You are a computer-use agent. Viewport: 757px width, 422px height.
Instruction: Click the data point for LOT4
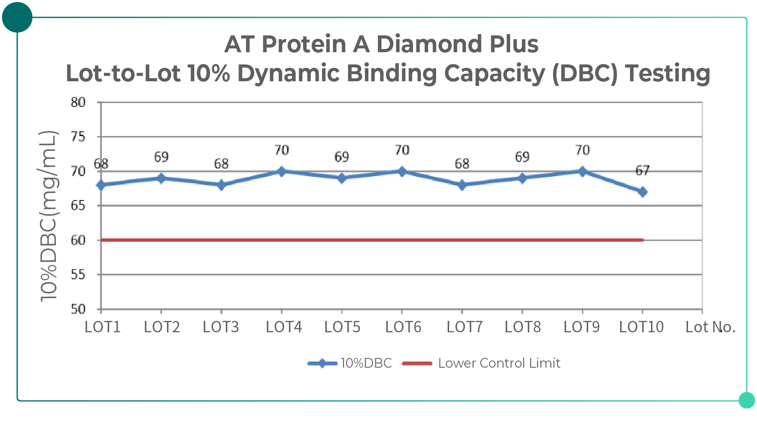click(281, 171)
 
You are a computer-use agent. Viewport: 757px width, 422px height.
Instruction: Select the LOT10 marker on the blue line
click(642, 192)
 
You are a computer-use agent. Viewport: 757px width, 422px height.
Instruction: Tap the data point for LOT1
click(101, 185)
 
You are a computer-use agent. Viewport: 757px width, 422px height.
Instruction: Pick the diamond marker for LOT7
click(462, 185)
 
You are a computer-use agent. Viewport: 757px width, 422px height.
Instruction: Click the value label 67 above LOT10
click(642, 171)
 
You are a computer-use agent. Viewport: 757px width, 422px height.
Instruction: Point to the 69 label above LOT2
click(161, 157)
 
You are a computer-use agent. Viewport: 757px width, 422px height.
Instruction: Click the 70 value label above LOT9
click(582, 150)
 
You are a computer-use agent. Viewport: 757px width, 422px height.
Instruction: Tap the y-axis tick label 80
click(78, 102)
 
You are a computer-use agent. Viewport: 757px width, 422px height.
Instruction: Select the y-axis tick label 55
click(78, 275)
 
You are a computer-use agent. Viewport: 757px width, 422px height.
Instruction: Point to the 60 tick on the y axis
click(78, 240)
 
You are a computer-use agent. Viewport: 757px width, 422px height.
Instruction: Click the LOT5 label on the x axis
click(342, 327)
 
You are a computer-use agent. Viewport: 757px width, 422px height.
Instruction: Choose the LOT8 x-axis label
click(522, 327)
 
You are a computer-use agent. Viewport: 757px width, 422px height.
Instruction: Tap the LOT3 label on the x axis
click(221, 327)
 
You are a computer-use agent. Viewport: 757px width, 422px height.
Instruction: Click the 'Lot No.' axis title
click(710, 327)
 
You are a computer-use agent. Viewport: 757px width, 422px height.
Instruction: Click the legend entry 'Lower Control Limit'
click(499, 363)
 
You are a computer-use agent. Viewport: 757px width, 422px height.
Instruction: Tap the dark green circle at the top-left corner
click(17, 17)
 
